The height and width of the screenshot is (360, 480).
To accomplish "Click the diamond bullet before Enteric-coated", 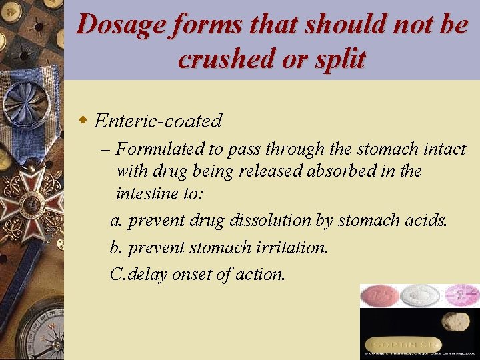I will click(x=83, y=120).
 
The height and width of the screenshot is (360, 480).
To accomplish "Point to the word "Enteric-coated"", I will click(x=158, y=121).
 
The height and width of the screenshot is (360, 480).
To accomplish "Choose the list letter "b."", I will click(x=117, y=247).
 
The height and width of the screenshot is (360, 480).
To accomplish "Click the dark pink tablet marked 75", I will click(x=379, y=295).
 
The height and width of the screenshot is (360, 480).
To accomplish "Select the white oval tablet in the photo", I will click(x=420, y=295).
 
